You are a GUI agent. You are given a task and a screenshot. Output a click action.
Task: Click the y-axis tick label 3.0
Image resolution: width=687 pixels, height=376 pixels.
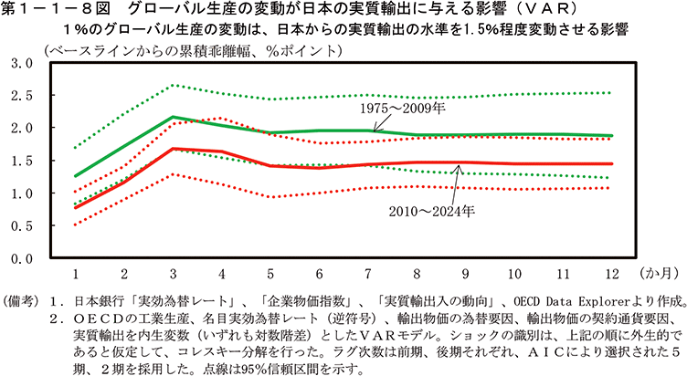pos(21,63)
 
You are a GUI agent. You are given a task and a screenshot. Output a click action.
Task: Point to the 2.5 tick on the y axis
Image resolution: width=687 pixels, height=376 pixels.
pos(21,95)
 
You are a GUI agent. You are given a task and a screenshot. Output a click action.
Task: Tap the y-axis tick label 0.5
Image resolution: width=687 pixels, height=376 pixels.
pos(21,225)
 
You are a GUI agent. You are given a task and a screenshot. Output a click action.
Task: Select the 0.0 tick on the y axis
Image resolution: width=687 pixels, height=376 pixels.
pos(21,258)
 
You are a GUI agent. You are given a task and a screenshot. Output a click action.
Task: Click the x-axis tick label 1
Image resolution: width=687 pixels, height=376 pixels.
pos(75,274)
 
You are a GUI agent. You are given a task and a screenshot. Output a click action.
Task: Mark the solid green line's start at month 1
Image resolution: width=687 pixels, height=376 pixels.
pos(75,175)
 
